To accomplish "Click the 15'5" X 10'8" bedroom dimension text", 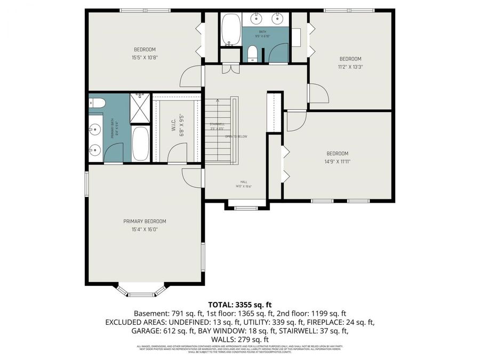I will coord(145,58).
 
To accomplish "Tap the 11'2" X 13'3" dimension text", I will coord(350,67).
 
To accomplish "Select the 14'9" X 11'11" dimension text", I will coord(337,162).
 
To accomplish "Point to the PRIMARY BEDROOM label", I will coord(145,221).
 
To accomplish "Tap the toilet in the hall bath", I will coord(253,53).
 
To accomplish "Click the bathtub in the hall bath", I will coord(231,29).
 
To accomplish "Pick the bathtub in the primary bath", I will coord(141,143).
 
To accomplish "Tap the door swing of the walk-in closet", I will coord(178,153).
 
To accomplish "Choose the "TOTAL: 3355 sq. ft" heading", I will coord(239,305).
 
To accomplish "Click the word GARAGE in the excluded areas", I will coord(143,331).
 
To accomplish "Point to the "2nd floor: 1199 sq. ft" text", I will coord(311,314).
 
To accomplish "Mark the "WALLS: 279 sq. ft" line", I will coord(239,339).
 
